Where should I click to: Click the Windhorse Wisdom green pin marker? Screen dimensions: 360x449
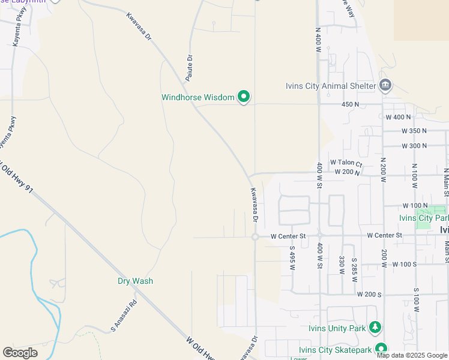tap(244, 97)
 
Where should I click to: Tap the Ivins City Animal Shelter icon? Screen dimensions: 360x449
tap(385, 85)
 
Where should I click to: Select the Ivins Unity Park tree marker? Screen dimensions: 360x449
tap(375, 328)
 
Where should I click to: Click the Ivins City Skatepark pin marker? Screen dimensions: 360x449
tap(381, 349)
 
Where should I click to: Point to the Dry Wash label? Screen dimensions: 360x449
tap(135, 281)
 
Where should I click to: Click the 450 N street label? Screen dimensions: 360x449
tap(350, 104)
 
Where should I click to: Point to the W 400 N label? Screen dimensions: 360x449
tap(398, 116)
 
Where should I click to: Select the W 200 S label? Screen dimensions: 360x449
tap(369, 295)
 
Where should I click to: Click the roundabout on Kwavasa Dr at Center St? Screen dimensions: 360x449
tap(255, 237)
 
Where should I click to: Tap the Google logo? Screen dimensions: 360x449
tap(20, 353)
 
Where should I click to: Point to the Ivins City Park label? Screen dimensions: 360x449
tap(424, 218)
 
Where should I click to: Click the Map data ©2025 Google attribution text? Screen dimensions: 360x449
tap(412, 355)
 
